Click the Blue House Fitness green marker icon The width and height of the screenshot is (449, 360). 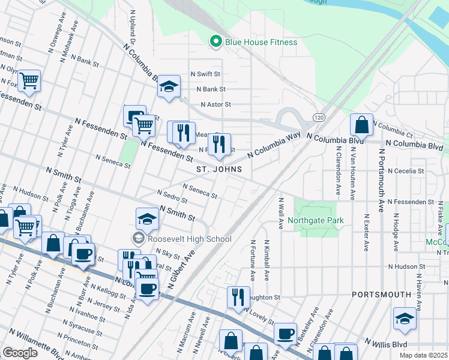click(x=215, y=41)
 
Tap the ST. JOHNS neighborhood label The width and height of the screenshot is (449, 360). click(x=219, y=170)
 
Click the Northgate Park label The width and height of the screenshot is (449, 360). click(x=316, y=220)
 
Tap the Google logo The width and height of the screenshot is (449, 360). click(x=20, y=353)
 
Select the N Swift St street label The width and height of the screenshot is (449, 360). click(x=206, y=74)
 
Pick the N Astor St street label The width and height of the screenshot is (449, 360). click(x=215, y=104)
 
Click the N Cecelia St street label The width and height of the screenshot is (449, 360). click(x=406, y=171)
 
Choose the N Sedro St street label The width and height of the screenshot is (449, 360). click(x=170, y=197)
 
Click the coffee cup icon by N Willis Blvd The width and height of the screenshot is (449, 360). click(x=285, y=334)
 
